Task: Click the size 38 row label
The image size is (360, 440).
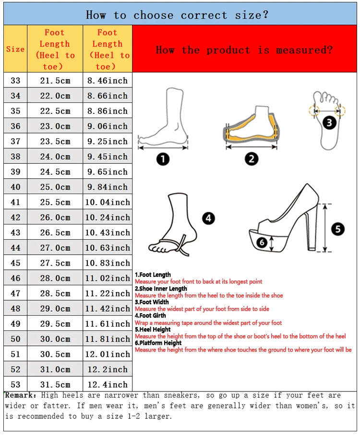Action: click(x=15, y=157)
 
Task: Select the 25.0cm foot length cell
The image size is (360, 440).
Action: click(x=55, y=187)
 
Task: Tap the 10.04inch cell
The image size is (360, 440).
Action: click(x=108, y=202)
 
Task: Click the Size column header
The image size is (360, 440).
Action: click(x=15, y=49)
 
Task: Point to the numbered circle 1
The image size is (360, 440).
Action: click(x=163, y=159)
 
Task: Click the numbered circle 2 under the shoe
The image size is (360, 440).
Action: click(x=252, y=159)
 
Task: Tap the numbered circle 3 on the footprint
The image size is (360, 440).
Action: click(x=329, y=123)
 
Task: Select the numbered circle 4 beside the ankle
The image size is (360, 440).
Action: click(x=208, y=219)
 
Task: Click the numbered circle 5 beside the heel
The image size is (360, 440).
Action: click(x=338, y=229)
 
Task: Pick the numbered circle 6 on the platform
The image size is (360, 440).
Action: click(x=262, y=243)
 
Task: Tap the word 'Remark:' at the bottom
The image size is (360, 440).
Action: click(x=21, y=395)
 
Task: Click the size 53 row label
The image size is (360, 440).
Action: click(x=15, y=384)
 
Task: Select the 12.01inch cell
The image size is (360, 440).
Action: click(x=108, y=354)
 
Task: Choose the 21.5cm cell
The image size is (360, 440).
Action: click(x=55, y=81)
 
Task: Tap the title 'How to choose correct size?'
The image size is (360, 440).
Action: click(x=177, y=15)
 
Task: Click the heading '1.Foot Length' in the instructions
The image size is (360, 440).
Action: click(x=153, y=275)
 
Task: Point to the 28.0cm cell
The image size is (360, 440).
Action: click(x=55, y=278)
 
